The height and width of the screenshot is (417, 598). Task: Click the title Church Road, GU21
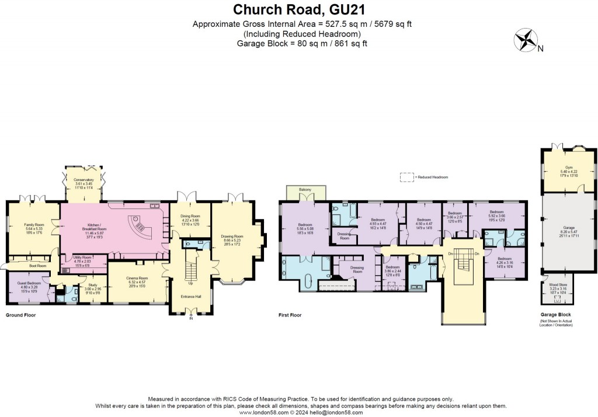tap(298, 10)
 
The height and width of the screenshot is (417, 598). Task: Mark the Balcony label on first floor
tap(305, 190)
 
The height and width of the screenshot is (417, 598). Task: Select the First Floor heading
tap(290, 315)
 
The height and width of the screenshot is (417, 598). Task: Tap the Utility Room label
tap(82, 259)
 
